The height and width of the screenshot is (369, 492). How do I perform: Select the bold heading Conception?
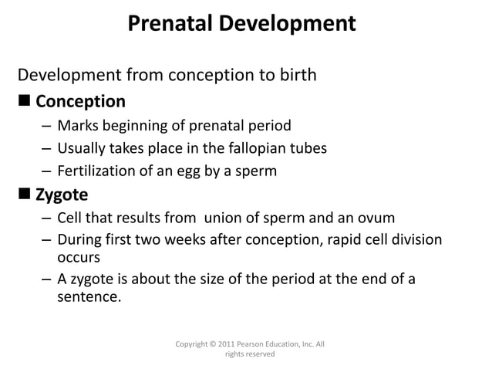(x=80, y=101)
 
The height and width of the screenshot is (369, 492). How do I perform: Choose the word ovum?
(x=378, y=218)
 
